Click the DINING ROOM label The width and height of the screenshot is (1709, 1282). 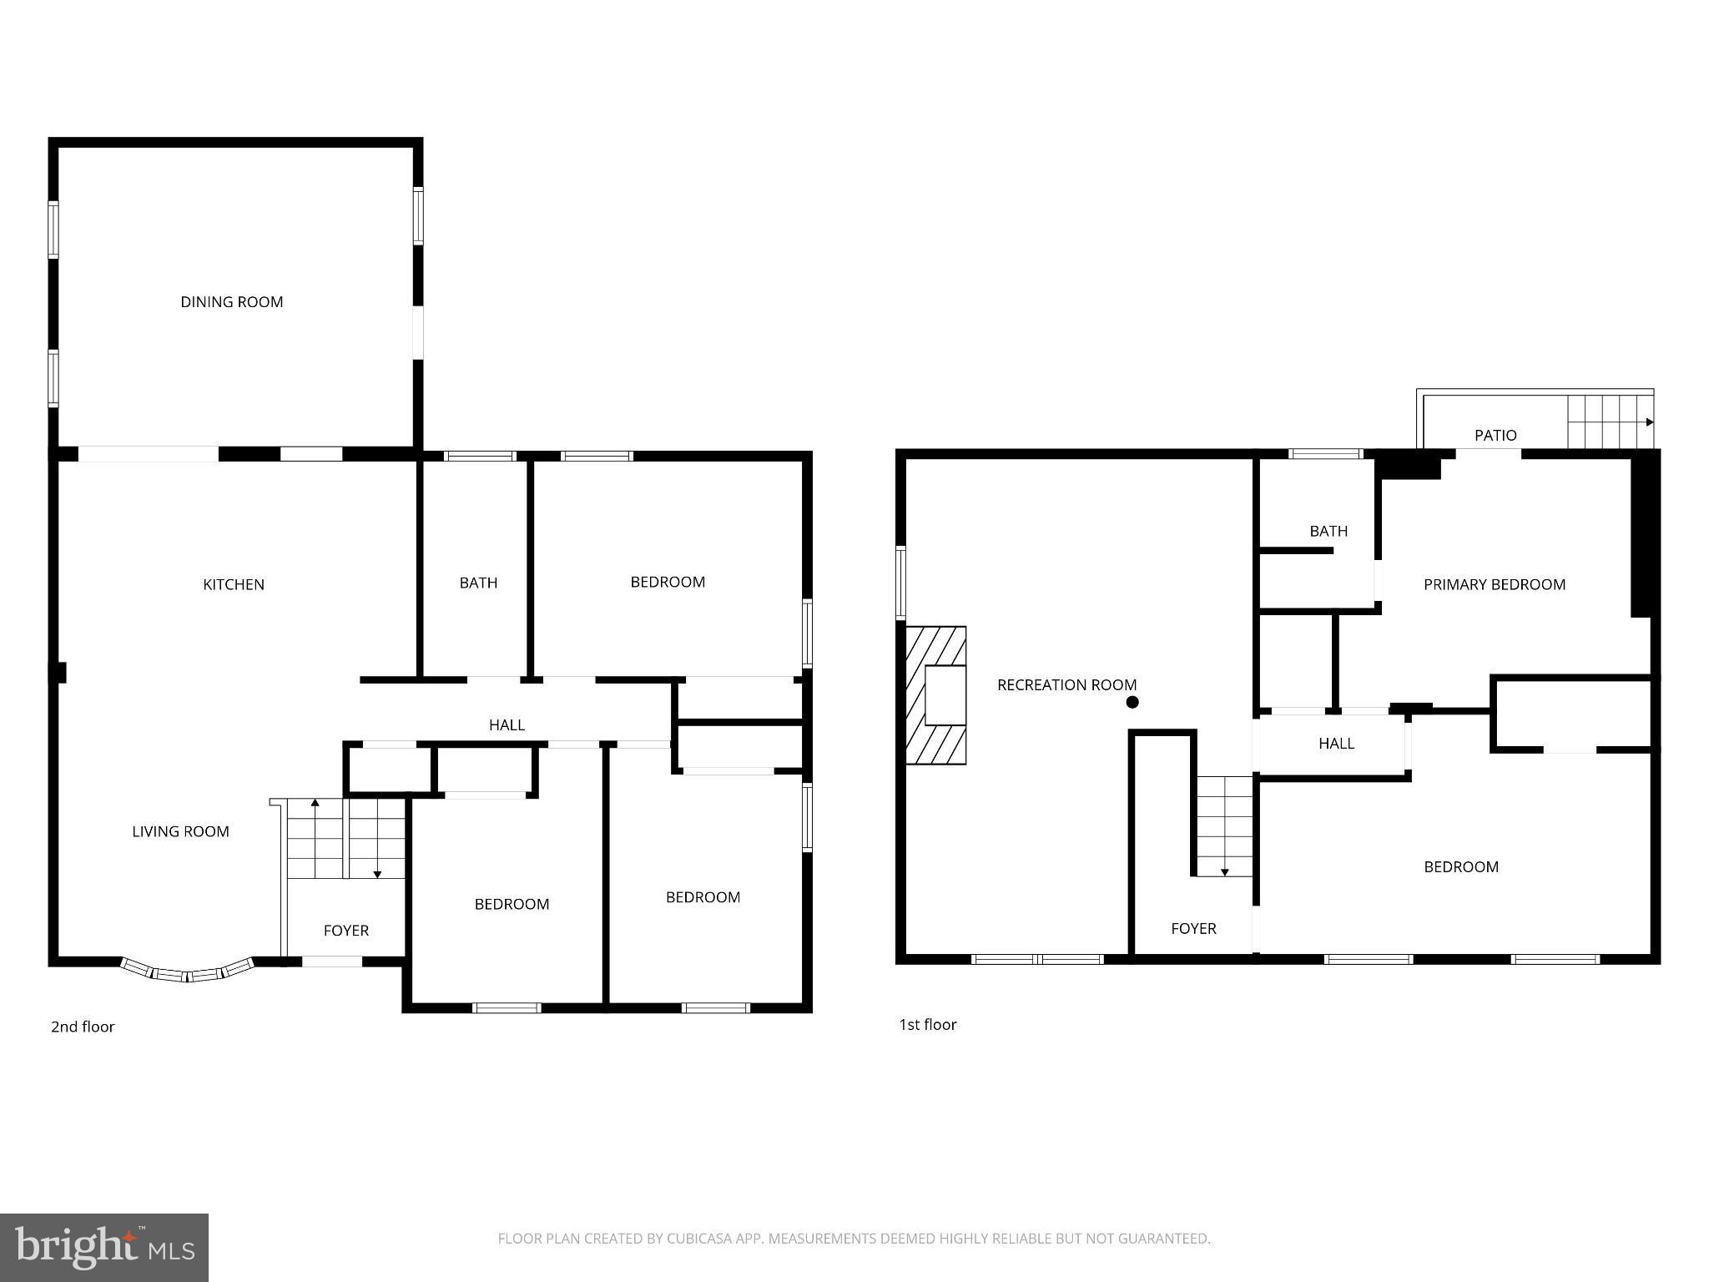point(232,302)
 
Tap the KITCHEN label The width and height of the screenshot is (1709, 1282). point(234,584)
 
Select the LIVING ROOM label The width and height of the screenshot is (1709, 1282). point(180,831)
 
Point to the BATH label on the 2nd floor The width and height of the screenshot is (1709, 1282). point(478,583)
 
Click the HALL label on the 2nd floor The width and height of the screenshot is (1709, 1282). point(507,725)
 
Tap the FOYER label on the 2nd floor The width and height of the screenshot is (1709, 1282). point(345,931)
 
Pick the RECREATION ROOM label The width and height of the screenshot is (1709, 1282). point(1066,685)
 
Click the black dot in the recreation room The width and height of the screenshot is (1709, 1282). point(1132,703)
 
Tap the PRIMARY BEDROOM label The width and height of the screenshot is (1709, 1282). point(1494,584)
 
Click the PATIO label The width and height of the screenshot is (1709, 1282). point(1495,435)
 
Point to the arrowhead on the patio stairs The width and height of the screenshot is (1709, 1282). point(1650,422)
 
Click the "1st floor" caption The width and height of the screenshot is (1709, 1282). point(927,1024)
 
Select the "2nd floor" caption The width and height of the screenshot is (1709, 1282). point(83,1027)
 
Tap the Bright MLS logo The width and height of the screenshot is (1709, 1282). point(103,1247)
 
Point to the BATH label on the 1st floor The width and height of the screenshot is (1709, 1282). point(1328,531)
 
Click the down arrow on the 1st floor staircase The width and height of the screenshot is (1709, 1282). point(1225,871)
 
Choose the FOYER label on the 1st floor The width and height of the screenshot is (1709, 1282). point(1193,928)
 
